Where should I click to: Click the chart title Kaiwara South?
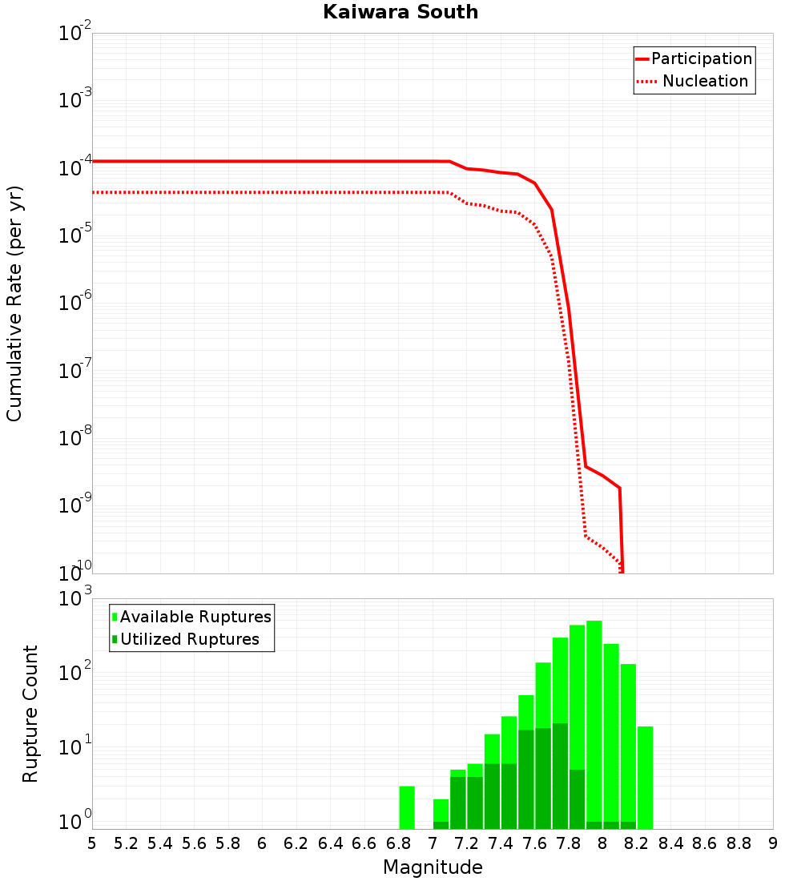click(x=400, y=12)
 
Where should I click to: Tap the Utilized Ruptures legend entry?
click(x=189, y=639)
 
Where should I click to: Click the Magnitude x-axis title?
click(x=433, y=867)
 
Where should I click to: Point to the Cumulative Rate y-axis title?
click(x=14, y=303)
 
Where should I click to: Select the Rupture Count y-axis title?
click(x=30, y=713)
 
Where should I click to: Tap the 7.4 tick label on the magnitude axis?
click(x=501, y=843)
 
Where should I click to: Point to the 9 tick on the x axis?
click(x=772, y=843)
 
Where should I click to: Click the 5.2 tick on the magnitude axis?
click(x=126, y=843)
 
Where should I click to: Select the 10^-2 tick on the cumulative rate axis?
click(x=74, y=34)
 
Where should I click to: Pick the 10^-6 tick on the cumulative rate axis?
click(x=74, y=303)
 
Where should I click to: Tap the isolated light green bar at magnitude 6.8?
click(x=407, y=807)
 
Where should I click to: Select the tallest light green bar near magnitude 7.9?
click(x=594, y=721)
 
